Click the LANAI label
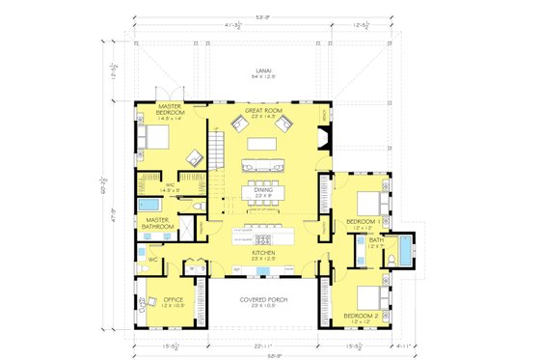[263, 71]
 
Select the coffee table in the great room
[262, 146]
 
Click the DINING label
[262, 191]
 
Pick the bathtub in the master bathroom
[150, 206]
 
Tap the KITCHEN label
[262, 253]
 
